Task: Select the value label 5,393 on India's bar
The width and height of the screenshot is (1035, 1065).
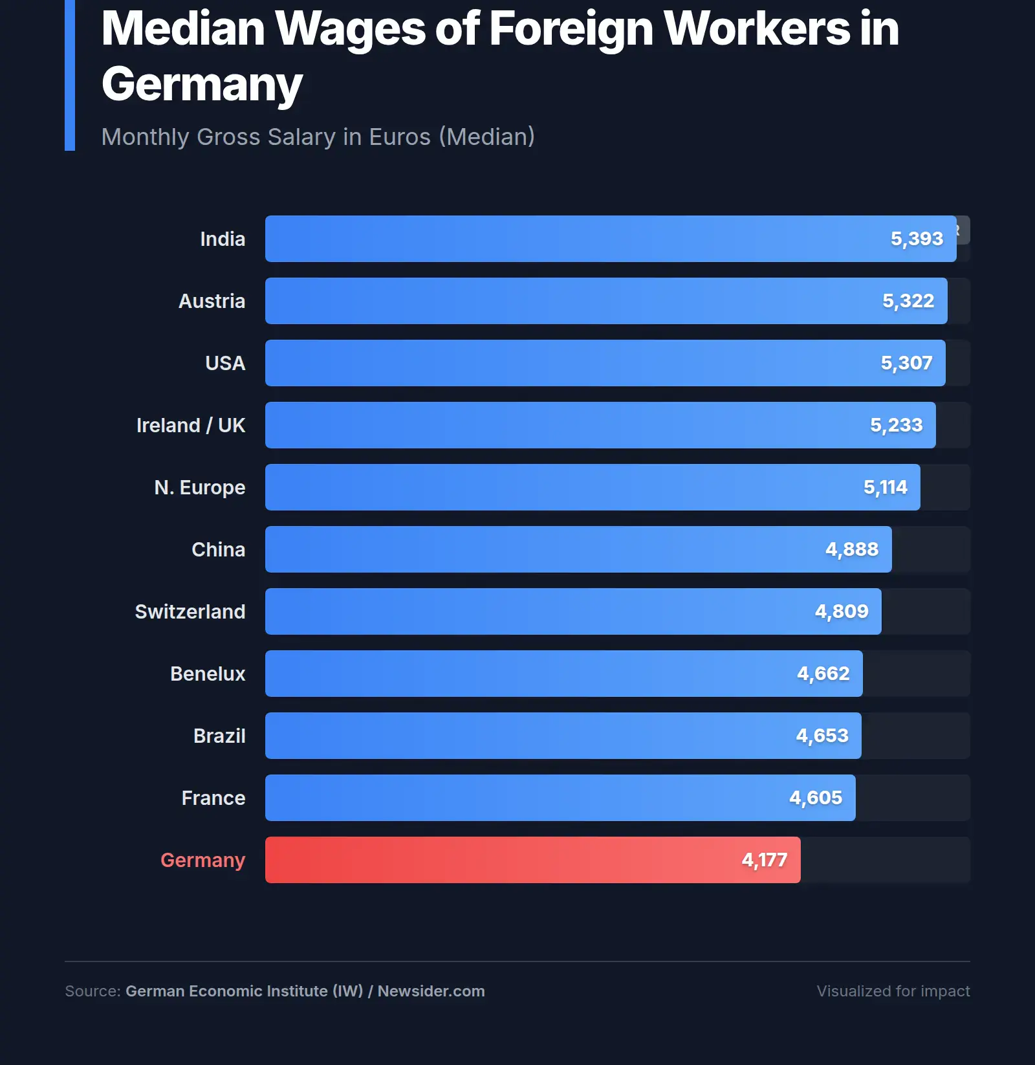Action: pos(917,239)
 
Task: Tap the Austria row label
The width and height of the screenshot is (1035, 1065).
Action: pos(212,301)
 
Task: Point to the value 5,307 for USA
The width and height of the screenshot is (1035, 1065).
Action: pos(906,363)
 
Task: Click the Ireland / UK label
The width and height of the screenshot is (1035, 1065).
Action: pos(191,425)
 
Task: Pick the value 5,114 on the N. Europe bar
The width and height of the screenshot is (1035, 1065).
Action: pos(885,487)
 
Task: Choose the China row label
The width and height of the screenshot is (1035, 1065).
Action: pos(218,549)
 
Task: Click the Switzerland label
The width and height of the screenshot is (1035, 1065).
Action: pos(190,611)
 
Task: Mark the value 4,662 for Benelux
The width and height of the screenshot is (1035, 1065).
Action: pos(823,674)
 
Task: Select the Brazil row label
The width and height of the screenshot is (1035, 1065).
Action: pos(219,736)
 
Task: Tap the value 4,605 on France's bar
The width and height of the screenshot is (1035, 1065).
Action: pos(816,798)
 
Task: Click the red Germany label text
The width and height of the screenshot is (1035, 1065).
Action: pos(202,860)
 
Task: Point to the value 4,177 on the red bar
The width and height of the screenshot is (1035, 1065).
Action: pos(764,860)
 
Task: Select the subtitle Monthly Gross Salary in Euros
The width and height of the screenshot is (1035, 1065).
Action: pos(318,137)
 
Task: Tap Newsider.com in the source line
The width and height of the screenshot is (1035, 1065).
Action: pos(431,991)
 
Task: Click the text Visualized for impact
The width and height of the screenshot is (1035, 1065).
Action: pos(893,991)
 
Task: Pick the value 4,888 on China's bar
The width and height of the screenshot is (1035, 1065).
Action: pos(851,549)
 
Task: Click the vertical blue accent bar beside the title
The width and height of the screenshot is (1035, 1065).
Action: pos(70,75)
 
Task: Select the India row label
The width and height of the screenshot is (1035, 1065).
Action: pos(223,239)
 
